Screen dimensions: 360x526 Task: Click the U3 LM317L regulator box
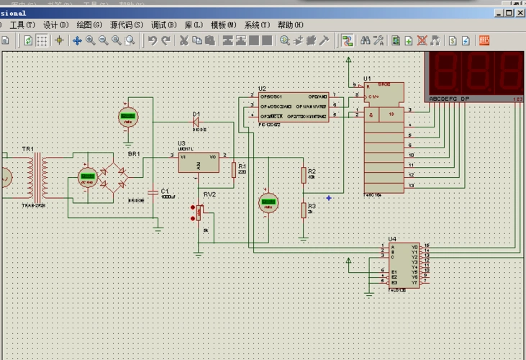(198, 162)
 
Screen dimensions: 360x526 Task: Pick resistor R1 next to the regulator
(233, 170)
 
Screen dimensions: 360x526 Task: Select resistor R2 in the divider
(303, 175)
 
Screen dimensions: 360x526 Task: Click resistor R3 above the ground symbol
(303, 210)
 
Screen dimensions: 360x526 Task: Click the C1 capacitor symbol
(153, 192)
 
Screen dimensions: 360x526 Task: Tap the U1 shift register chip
(384, 137)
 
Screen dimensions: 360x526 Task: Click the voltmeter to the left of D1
(128, 116)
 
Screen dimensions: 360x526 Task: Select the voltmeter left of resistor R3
(268, 202)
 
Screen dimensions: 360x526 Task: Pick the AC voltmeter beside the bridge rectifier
(88, 176)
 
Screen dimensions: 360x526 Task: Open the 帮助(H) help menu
(290, 24)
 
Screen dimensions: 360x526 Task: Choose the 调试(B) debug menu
(163, 24)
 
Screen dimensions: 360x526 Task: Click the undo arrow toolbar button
(153, 40)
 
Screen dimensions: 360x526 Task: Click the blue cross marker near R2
(329, 197)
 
